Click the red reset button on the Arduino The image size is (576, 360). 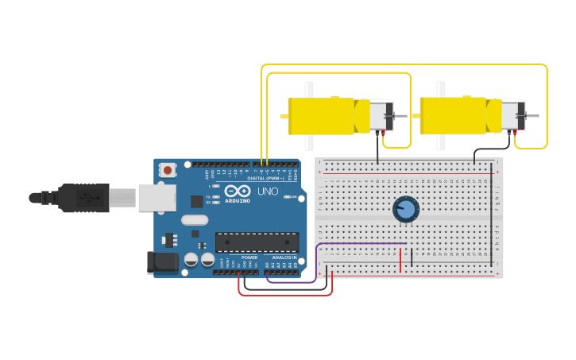coord(168,169)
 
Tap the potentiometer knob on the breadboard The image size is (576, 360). coord(406,210)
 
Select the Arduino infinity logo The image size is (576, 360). coord(238,191)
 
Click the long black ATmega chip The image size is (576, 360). coord(257,242)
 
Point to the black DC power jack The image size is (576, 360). coord(163,262)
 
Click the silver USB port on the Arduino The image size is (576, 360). coord(157,197)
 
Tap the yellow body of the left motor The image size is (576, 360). coord(321,116)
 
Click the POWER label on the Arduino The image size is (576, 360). coord(249,257)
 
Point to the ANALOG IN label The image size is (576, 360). coord(284,257)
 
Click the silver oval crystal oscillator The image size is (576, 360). coord(194,220)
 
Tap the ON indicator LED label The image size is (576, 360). coord(293,196)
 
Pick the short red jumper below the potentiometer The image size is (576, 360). coord(401,259)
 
